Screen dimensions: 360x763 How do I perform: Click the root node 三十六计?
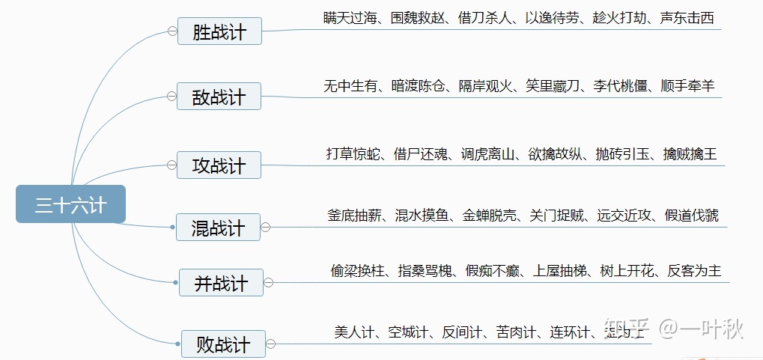click(x=70, y=204)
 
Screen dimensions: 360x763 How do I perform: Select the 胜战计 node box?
click(x=219, y=31)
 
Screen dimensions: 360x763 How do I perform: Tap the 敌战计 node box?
click(x=219, y=97)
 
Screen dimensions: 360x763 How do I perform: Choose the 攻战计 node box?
click(x=219, y=165)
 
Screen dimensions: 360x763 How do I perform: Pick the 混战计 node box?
click(x=218, y=228)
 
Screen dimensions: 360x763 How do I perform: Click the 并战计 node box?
click(x=221, y=283)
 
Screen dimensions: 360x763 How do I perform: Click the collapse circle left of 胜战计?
click(x=172, y=31)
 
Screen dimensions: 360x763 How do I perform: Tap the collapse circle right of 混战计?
click(x=265, y=228)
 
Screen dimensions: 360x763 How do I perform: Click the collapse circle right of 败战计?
click(x=270, y=344)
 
